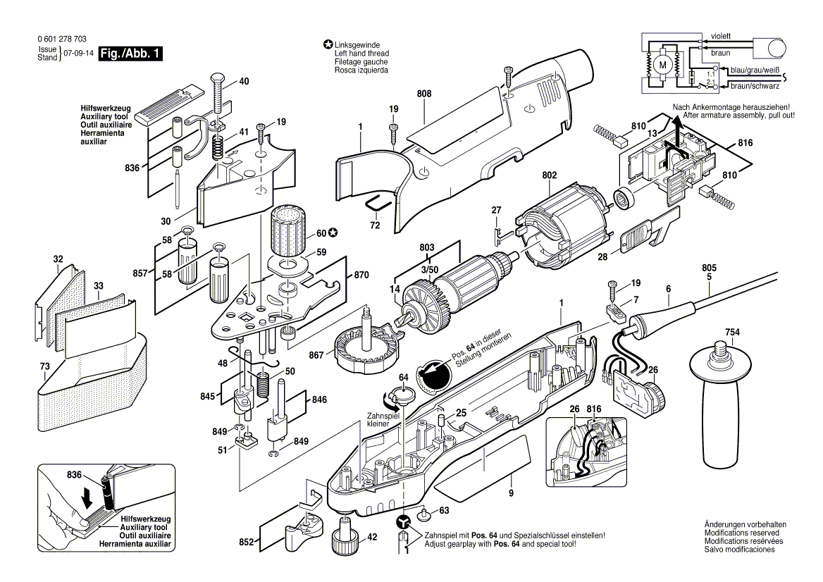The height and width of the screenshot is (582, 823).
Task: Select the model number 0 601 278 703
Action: pyautogui.click(x=61, y=39)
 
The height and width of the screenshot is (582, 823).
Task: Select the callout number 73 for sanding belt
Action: pyautogui.click(x=45, y=367)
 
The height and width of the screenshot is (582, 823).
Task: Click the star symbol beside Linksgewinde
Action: pyautogui.click(x=328, y=45)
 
